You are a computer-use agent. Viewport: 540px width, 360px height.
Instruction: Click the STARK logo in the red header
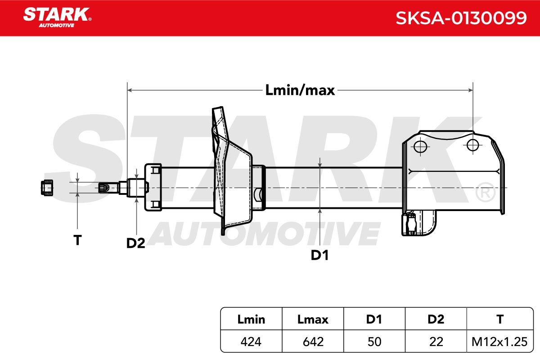point(57,18)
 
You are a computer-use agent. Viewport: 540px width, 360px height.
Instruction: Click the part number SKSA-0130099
point(461,18)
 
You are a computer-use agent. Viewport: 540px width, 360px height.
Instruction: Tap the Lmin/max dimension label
point(300,90)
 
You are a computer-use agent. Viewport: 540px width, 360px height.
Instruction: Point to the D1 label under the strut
point(319,255)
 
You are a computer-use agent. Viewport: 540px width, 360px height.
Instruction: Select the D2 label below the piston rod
point(136,243)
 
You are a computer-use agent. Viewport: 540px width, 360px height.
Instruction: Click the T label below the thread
point(77,240)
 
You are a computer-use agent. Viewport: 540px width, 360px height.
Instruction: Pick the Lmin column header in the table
point(251,319)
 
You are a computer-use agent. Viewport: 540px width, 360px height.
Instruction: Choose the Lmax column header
point(313,319)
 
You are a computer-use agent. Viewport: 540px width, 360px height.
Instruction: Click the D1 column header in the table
point(374,319)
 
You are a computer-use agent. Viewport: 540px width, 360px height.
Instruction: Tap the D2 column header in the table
point(436,319)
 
